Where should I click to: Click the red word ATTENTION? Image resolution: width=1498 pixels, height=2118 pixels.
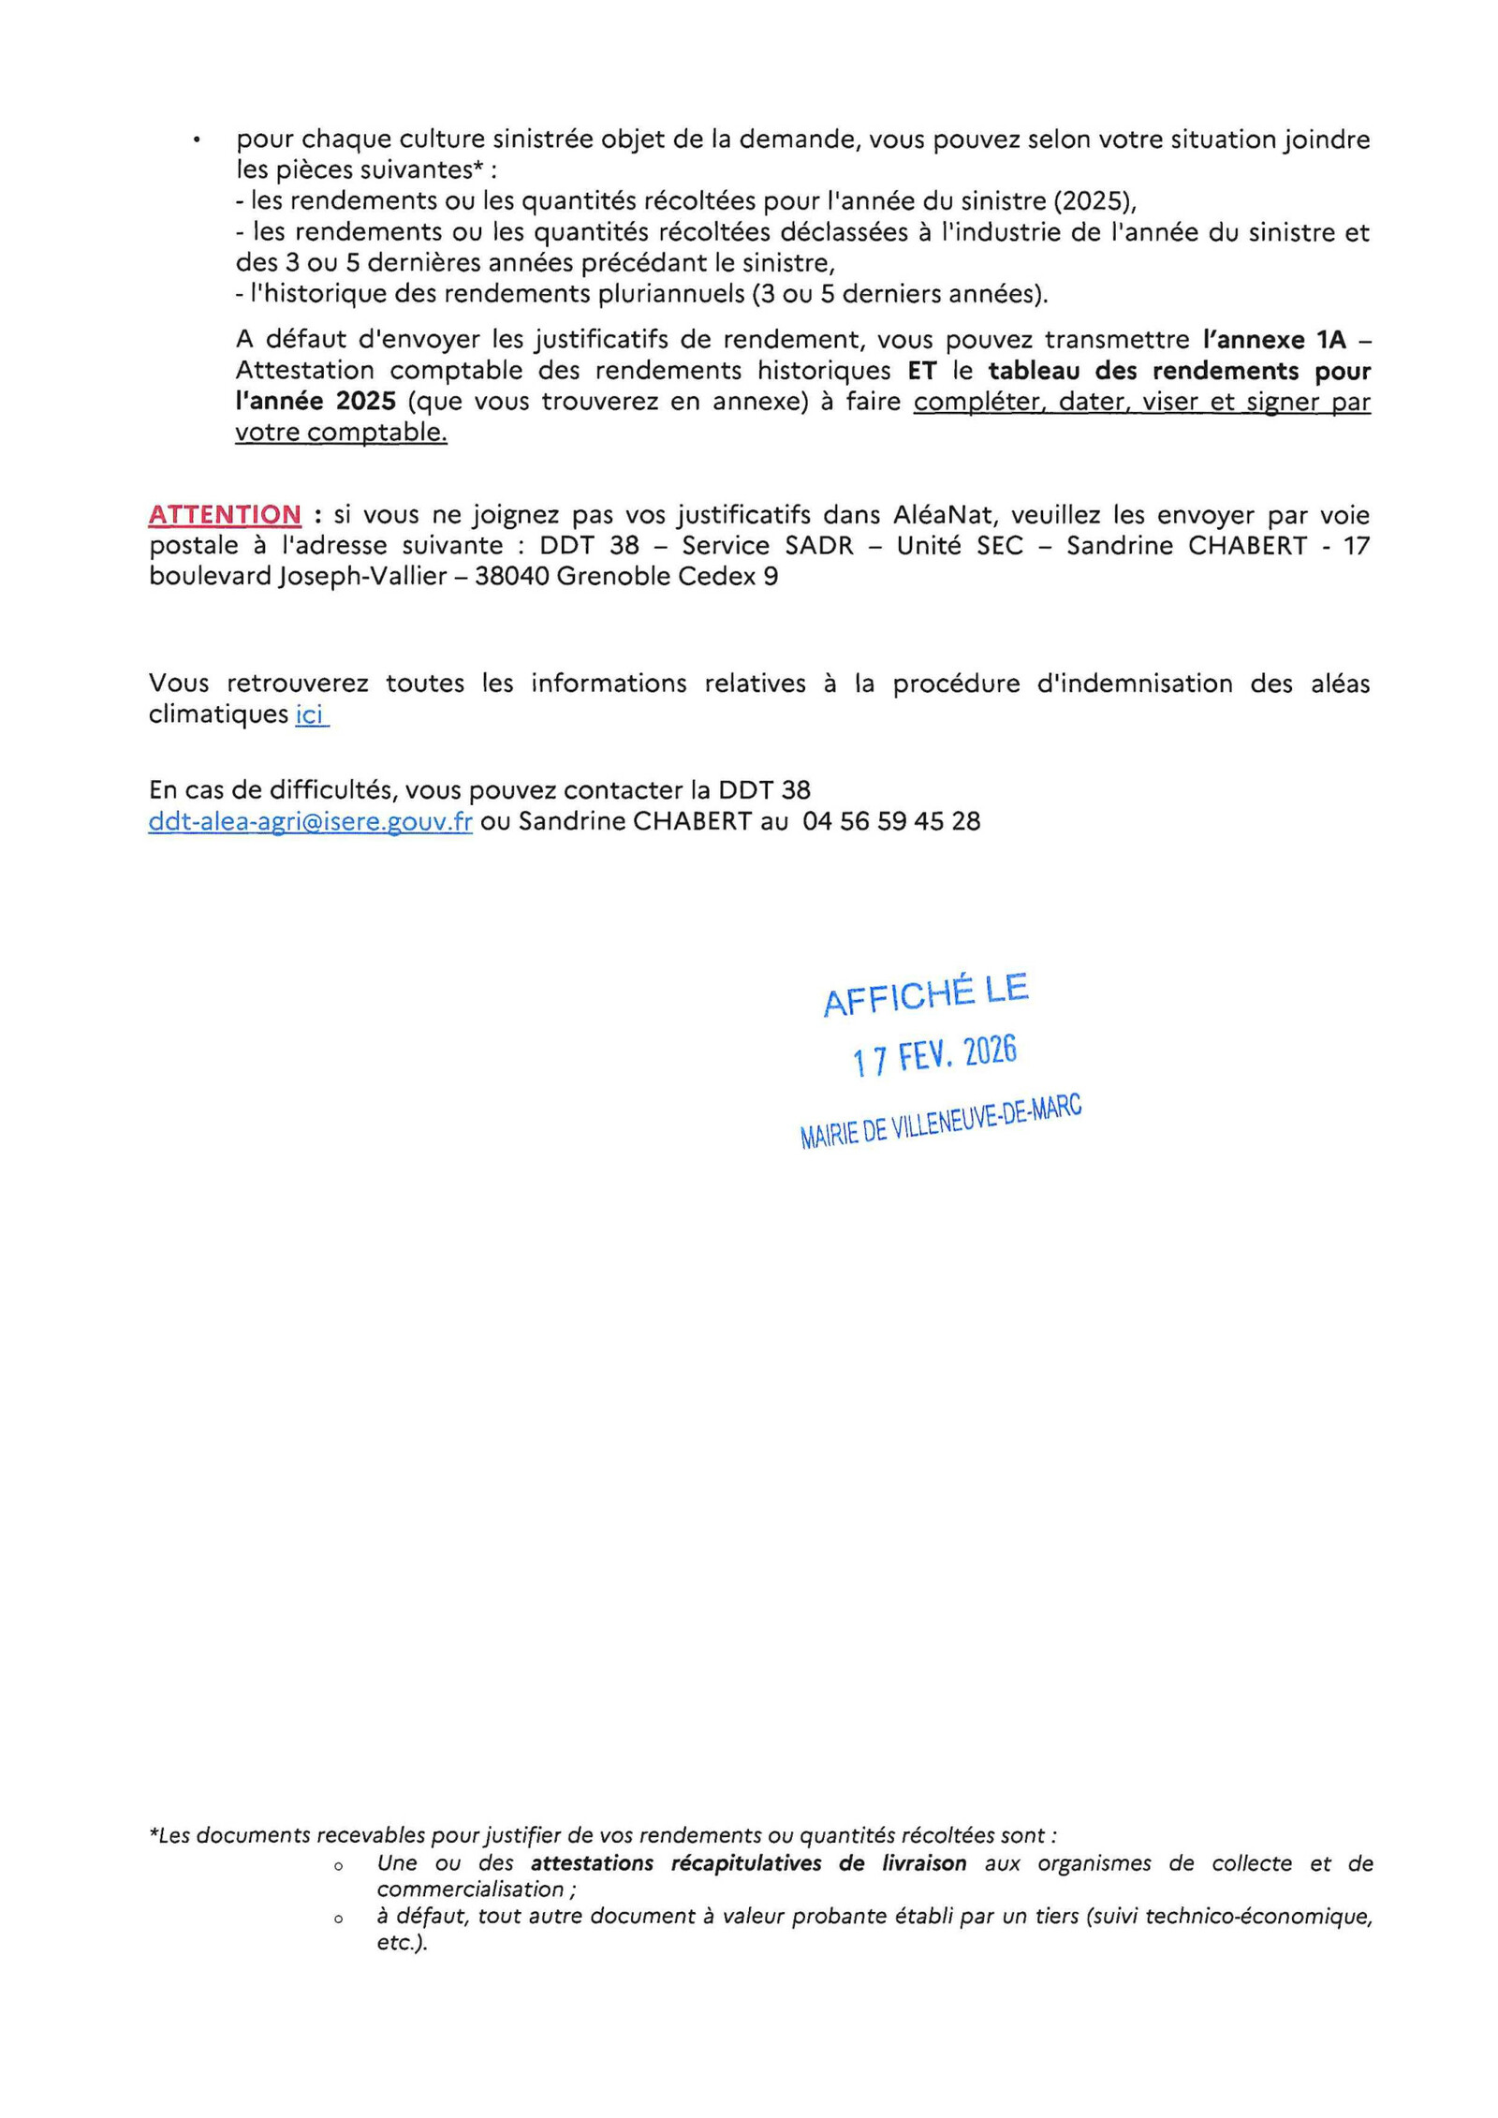tap(225, 515)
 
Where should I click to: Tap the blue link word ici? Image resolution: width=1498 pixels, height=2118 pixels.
tap(310, 714)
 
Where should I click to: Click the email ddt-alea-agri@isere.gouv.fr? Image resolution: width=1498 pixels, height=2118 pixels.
tap(310, 821)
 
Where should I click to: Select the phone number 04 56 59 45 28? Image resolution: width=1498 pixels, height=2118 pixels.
tap(891, 821)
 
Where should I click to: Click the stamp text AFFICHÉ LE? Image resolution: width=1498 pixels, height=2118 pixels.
tap(925, 995)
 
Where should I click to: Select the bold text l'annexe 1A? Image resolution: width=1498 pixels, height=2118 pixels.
tap(1274, 339)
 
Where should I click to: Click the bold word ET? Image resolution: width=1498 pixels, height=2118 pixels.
tap(921, 371)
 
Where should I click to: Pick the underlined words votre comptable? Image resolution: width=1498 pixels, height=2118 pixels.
tap(341, 433)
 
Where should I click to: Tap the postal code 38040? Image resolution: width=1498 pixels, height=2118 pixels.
tap(511, 577)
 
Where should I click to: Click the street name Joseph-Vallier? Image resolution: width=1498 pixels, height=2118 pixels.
tap(362, 577)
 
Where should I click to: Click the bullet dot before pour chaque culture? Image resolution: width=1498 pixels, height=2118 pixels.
tap(197, 140)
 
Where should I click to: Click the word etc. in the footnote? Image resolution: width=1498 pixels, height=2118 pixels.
tap(401, 1942)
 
